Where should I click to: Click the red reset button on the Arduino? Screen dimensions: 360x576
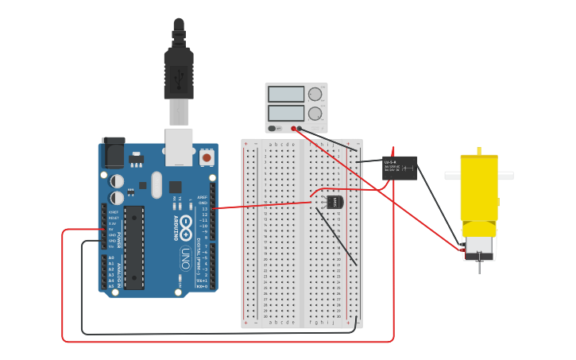(x=207, y=157)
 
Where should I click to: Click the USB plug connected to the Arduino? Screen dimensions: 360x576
(x=179, y=75)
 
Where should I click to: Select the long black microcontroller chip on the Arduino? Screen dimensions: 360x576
(x=134, y=246)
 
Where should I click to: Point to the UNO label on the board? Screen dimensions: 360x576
(x=185, y=258)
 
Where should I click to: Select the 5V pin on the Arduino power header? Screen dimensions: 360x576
(x=104, y=230)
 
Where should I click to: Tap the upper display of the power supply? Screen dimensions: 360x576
(x=286, y=95)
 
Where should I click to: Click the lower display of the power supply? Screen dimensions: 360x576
(x=286, y=113)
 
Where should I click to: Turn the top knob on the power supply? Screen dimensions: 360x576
(x=315, y=94)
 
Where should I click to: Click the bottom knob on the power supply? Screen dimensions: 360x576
(x=315, y=114)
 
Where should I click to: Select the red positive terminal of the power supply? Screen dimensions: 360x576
(x=294, y=128)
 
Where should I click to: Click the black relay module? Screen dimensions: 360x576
(x=400, y=168)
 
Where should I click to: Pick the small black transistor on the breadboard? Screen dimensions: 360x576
(x=334, y=202)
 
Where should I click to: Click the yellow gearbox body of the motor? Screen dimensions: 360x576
(x=479, y=191)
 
